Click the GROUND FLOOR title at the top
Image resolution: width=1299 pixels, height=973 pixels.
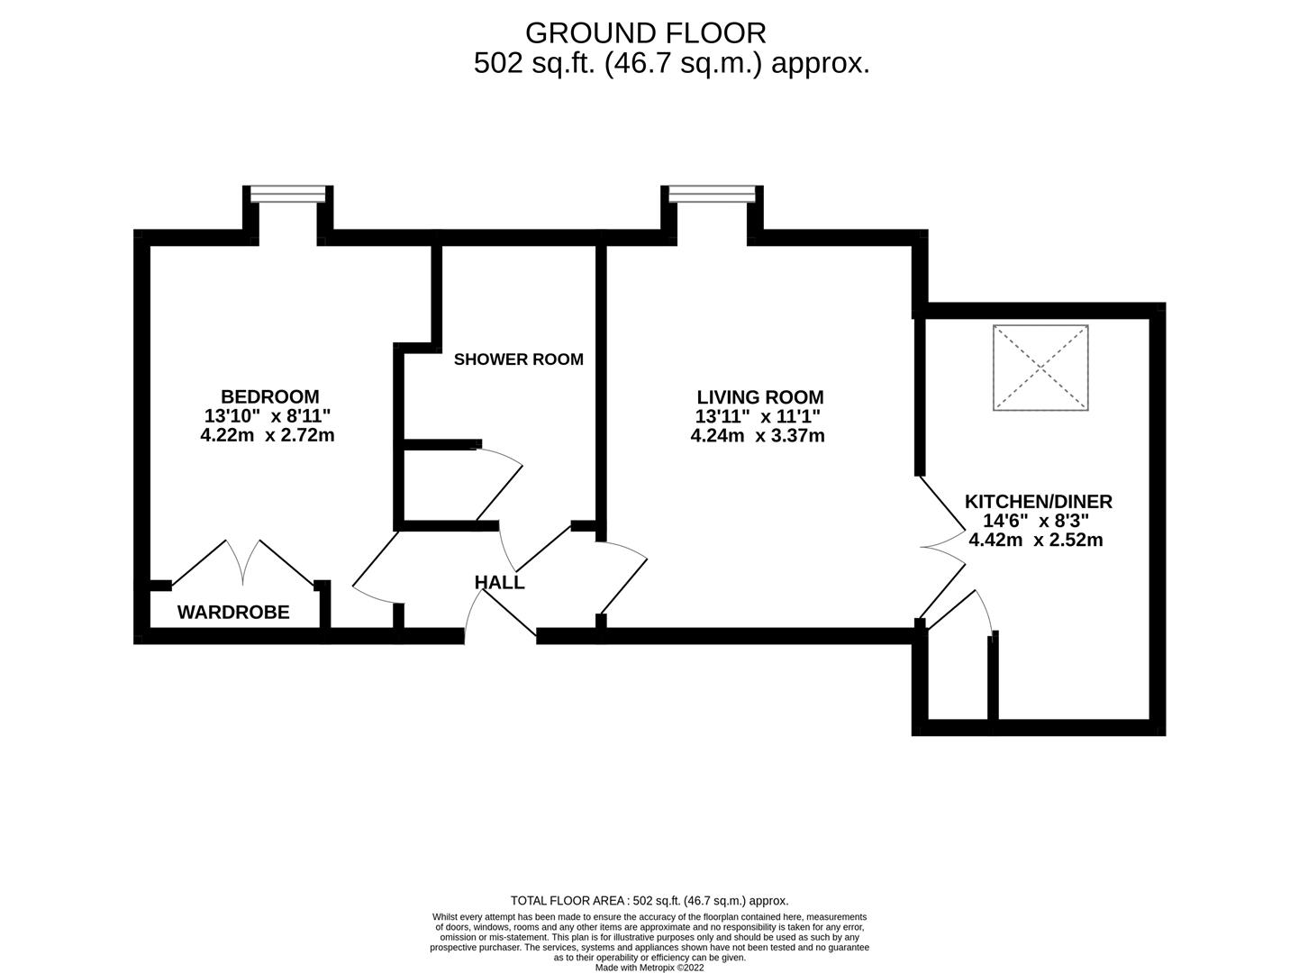[645, 32]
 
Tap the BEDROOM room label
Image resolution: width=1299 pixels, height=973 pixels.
[269, 396]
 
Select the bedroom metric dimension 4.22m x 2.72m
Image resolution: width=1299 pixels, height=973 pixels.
[268, 435]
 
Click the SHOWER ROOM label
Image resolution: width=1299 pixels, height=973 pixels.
[518, 359]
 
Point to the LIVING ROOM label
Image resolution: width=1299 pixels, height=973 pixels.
[759, 396]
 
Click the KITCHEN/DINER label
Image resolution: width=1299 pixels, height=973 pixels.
[1038, 502]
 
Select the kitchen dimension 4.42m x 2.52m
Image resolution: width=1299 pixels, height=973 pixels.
[1035, 541]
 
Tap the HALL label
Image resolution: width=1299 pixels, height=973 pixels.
[499, 583]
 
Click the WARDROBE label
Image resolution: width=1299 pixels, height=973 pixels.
[233, 613]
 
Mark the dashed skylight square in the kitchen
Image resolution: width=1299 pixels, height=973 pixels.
[1040, 368]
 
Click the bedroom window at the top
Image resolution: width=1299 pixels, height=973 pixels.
[287, 194]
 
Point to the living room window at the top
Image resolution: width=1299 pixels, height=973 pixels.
[711, 194]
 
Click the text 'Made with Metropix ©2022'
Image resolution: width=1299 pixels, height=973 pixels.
[649, 968]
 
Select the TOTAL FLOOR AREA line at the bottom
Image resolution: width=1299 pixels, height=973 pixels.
[649, 900]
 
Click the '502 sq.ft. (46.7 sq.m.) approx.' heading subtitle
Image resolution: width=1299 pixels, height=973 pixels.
[671, 63]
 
